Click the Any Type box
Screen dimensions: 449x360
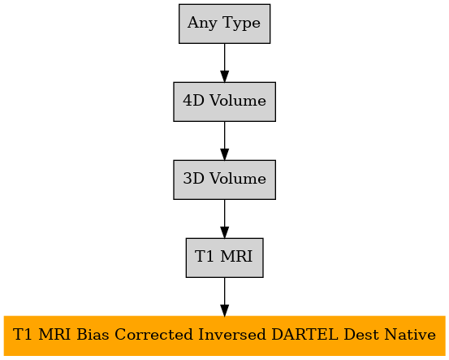(224, 24)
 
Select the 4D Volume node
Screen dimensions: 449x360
(224, 102)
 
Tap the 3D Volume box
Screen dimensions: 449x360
(224, 180)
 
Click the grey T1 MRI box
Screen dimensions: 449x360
(224, 258)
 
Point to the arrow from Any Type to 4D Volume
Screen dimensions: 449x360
(224, 63)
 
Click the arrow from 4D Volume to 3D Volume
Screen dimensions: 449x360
(224, 141)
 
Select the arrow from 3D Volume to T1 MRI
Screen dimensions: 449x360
(224, 219)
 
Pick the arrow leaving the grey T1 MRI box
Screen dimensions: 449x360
(224, 297)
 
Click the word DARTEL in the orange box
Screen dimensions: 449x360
(304, 335)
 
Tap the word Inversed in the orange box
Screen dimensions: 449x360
(232, 335)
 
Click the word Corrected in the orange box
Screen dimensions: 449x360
(153, 335)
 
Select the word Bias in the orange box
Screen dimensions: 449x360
(93, 335)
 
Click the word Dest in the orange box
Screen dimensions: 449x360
(361, 335)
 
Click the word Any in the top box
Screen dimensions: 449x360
(202, 23)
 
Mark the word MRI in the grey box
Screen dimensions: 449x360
(236, 257)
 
